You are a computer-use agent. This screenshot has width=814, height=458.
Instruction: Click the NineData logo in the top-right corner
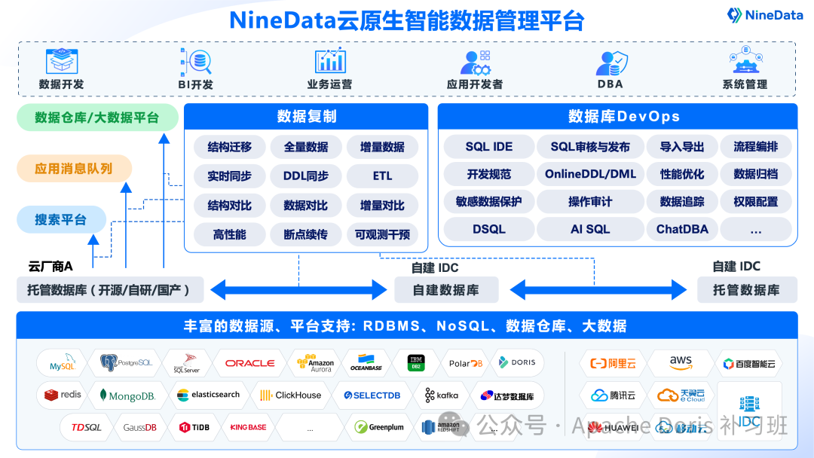tap(764, 14)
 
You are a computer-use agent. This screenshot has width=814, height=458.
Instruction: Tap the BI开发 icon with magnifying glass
tap(195, 61)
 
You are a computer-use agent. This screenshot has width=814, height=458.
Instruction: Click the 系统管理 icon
tap(745, 61)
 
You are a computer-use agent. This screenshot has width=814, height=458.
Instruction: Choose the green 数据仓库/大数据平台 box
tap(97, 118)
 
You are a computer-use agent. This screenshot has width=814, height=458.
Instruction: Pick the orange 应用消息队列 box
tap(74, 169)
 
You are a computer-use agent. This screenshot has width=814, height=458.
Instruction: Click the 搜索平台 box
tap(60, 220)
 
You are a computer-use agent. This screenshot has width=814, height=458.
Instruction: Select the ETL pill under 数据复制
tap(382, 176)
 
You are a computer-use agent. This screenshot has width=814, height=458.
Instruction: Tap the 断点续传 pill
tap(305, 234)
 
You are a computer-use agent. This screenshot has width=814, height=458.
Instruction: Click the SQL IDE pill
tap(488, 147)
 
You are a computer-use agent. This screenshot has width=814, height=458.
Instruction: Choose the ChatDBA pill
tap(682, 229)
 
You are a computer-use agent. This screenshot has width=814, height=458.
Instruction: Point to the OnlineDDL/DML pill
tap(590, 174)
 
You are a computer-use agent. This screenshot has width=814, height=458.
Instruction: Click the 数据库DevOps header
tap(617, 116)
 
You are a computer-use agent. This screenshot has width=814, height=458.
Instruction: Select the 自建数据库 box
tap(445, 290)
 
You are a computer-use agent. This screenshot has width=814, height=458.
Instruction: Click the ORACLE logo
tap(249, 363)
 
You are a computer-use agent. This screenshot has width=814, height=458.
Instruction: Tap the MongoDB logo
tap(127, 395)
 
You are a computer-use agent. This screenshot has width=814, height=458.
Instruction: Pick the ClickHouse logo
tap(290, 395)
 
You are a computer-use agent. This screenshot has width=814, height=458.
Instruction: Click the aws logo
tap(680, 362)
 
